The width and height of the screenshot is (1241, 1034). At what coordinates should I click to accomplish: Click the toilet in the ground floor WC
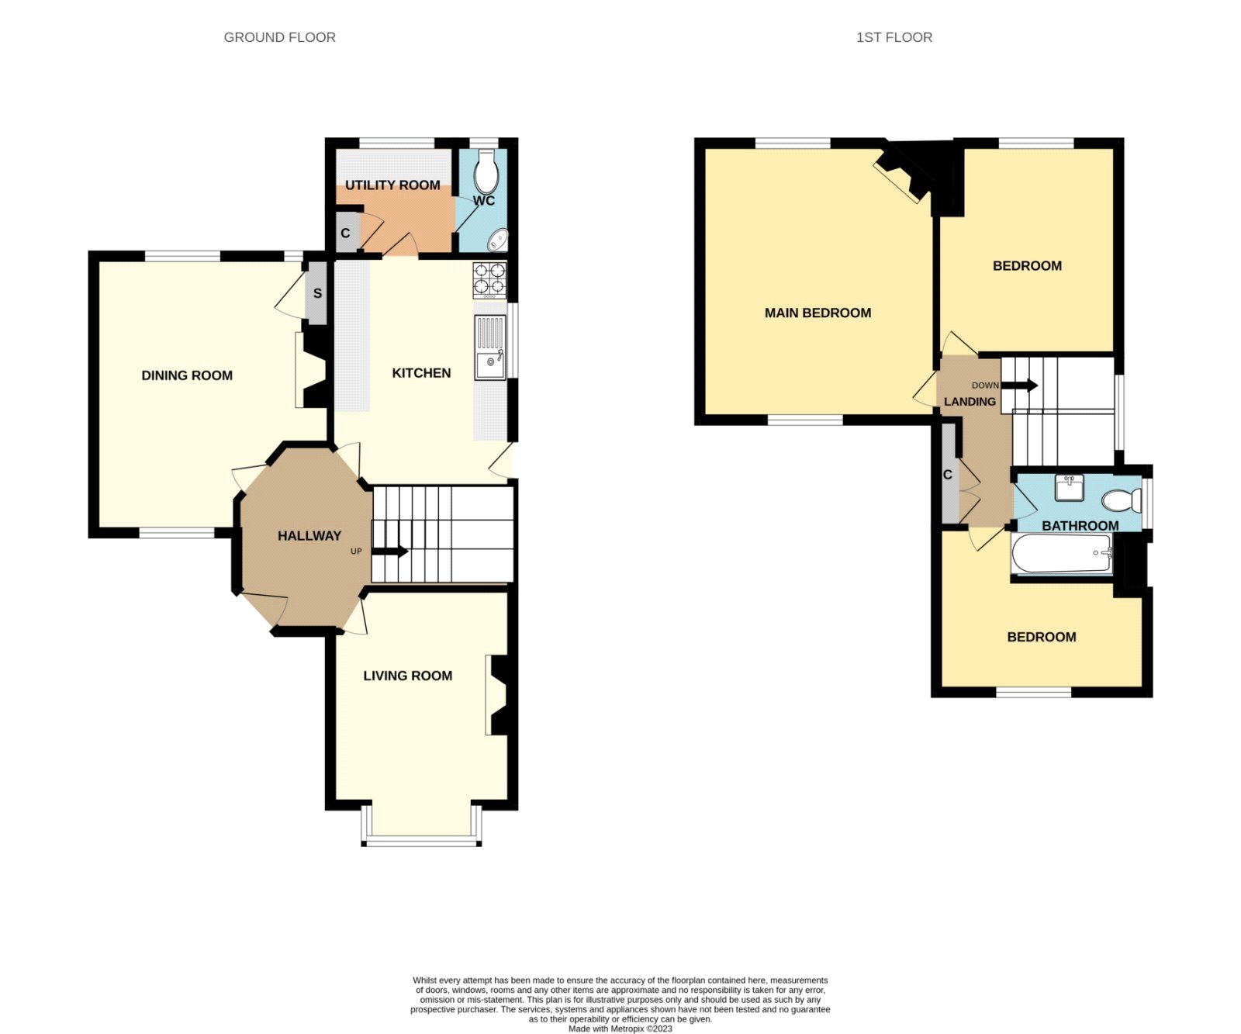tap(486, 171)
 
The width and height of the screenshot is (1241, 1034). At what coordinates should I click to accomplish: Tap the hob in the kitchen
tap(490, 281)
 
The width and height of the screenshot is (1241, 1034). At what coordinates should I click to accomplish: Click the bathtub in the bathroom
tap(1062, 554)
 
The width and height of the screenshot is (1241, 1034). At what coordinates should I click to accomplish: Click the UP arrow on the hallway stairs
tap(390, 552)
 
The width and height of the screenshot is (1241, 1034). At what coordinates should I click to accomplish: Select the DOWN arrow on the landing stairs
tap(1020, 386)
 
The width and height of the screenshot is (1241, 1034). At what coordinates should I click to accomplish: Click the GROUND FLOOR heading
tap(280, 37)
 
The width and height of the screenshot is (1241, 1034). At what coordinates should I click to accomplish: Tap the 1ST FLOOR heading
tap(894, 37)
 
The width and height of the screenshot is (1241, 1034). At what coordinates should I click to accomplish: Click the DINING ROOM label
tap(187, 375)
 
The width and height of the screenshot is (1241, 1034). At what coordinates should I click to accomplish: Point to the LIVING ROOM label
tap(408, 676)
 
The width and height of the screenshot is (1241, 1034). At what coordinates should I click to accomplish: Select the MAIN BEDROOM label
tap(818, 313)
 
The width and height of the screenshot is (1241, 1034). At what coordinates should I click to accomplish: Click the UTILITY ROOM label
tap(392, 185)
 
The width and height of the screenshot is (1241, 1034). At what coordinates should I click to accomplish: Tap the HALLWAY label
tap(309, 535)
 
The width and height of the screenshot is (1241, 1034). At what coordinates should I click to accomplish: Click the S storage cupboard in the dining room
tap(316, 293)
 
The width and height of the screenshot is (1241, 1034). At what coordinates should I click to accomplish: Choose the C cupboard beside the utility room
tap(346, 233)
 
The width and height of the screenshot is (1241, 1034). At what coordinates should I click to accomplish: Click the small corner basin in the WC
tap(497, 240)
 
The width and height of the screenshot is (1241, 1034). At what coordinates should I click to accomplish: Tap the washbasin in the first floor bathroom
tap(1070, 488)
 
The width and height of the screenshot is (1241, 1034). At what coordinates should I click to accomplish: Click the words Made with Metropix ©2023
tap(620, 1029)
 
